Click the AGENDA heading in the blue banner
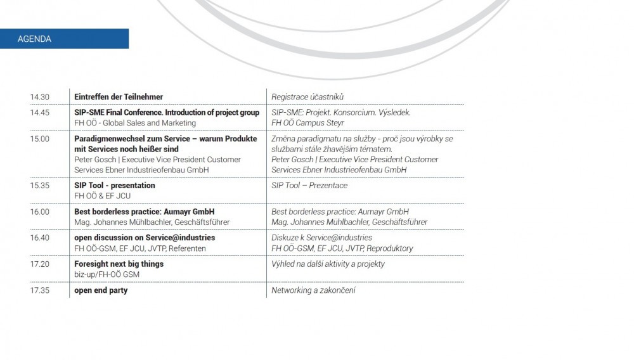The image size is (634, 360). point(34,39)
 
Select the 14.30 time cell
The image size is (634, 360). point(39,97)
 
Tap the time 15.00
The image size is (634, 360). point(39,139)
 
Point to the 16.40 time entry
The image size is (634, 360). point(39,238)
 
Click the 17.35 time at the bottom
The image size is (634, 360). point(39,290)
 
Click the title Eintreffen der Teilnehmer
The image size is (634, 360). point(119,97)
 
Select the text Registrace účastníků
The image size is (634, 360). point(307,97)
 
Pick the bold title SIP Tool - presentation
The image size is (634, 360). point(115,186)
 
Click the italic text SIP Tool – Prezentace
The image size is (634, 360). point(309,186)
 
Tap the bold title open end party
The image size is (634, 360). point(101,290)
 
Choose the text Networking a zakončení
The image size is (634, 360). point(313,290)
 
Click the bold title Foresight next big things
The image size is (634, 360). point(119,264)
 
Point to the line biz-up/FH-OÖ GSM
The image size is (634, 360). point(107,274)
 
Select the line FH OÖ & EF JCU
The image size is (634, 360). point(102,196)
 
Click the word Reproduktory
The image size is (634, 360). point(390,248)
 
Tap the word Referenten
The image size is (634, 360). point(187,248)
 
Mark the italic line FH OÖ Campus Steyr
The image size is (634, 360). point(306,123)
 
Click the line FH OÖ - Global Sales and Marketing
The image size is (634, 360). point(135,123)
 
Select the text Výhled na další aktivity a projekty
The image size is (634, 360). point(328,264)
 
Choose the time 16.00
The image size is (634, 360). point(39,212)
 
